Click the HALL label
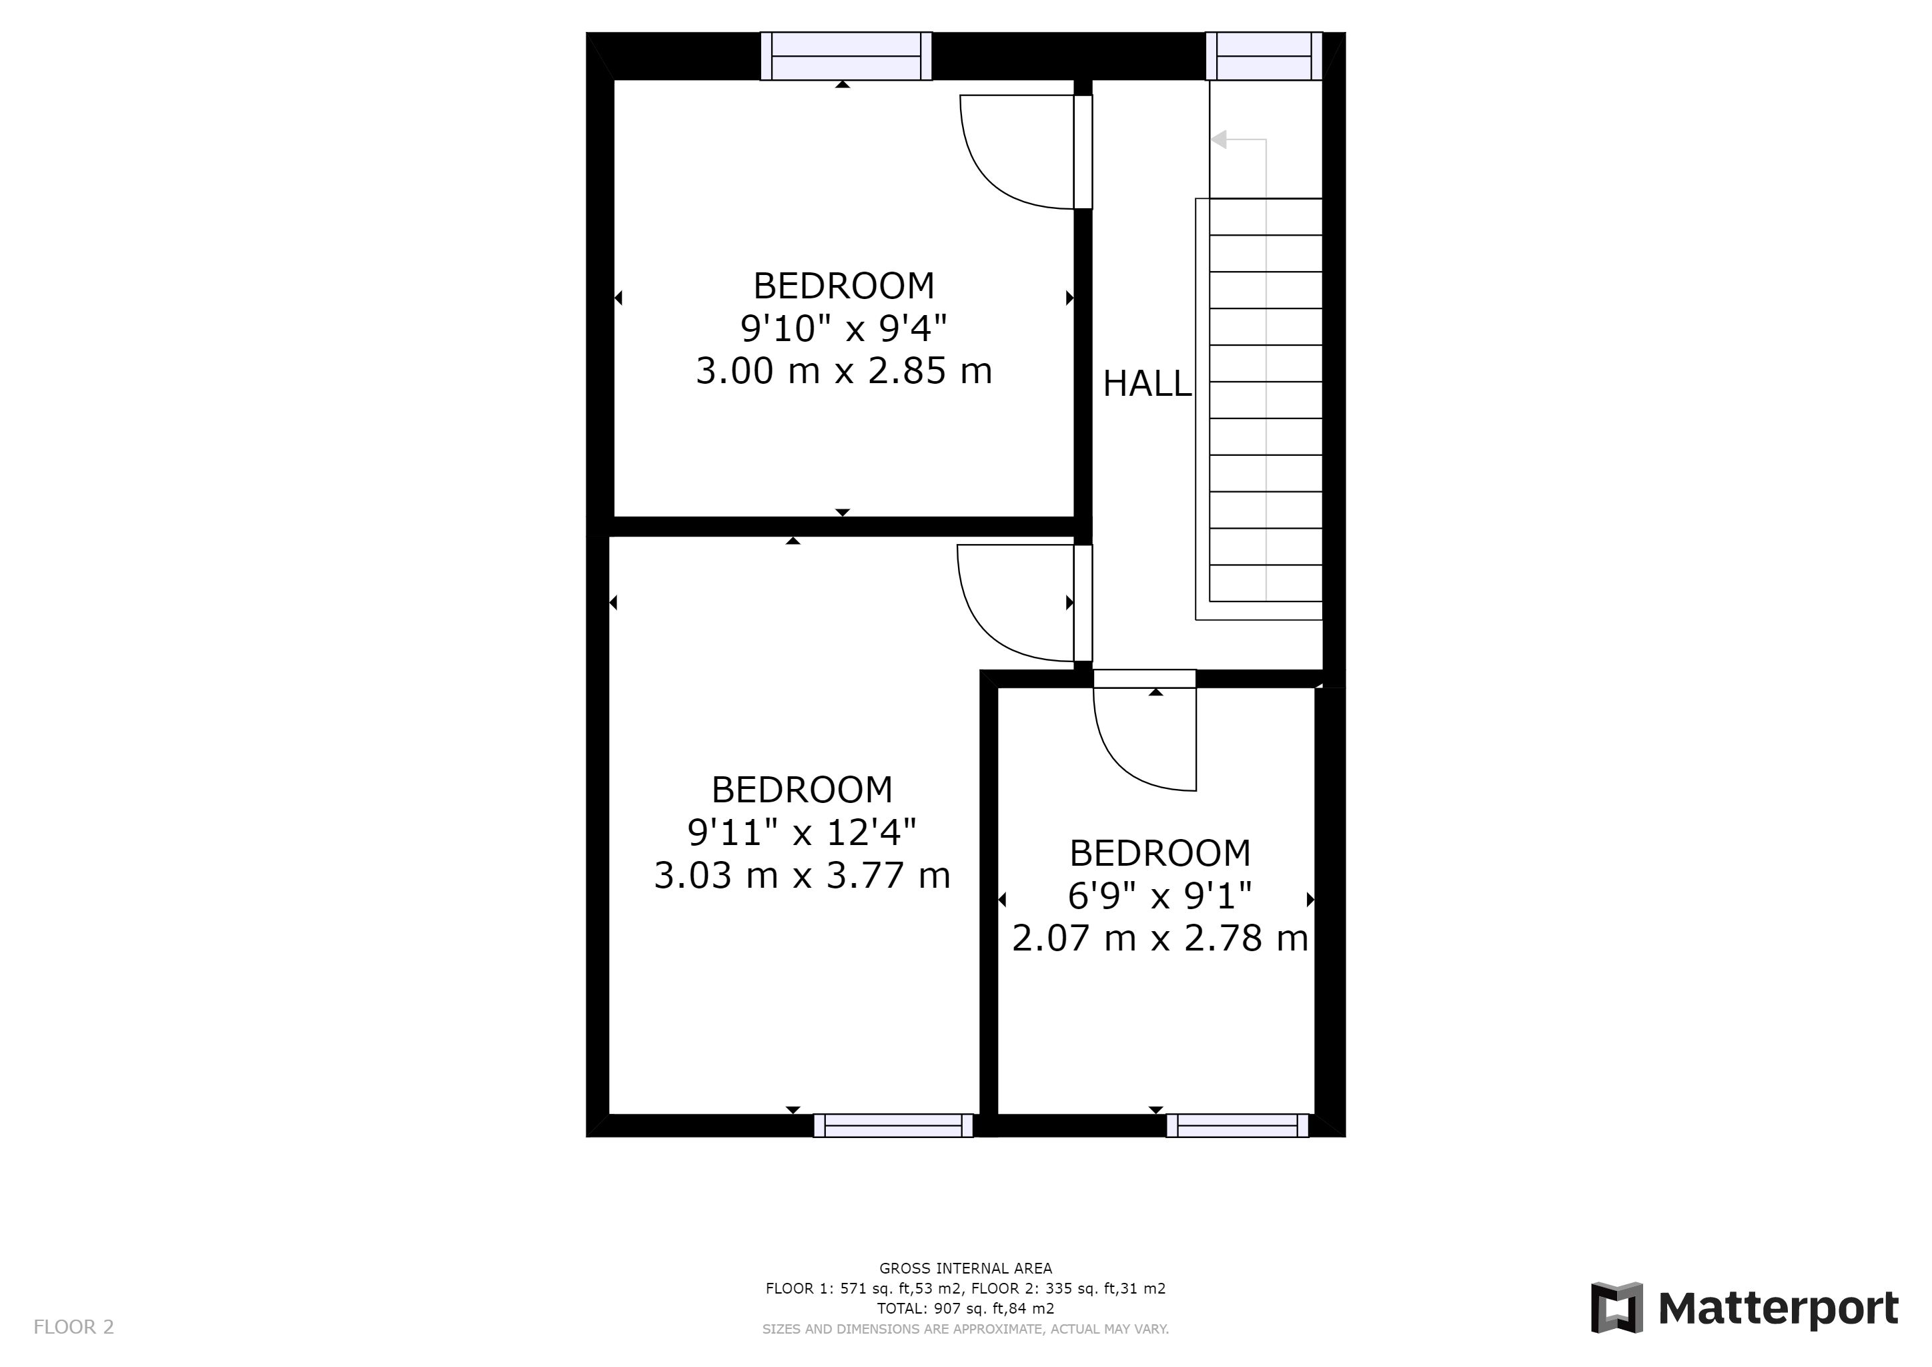click(x=1147, y=384)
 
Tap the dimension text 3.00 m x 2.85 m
click(x=844, y=370)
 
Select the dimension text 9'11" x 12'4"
click(x=802, y=832)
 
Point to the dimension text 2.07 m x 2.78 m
click(x=1160, y=938)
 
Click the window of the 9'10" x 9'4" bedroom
click(x=846, y=56)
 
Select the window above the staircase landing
click(x=1264, y=56)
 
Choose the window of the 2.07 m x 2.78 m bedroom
click(x=1238, y=1125)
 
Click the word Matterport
click(x=1779, y=1309)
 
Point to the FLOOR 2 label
click(x=73, y=1328)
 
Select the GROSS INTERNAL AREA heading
click(x=965, y=1268)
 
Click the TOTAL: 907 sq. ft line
click(x=965, y=1309)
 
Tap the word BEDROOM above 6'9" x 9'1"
click(x=1160, y=854)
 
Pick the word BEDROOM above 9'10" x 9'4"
click(x=844, y=286)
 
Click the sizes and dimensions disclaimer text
click(x=965, y=1329)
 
